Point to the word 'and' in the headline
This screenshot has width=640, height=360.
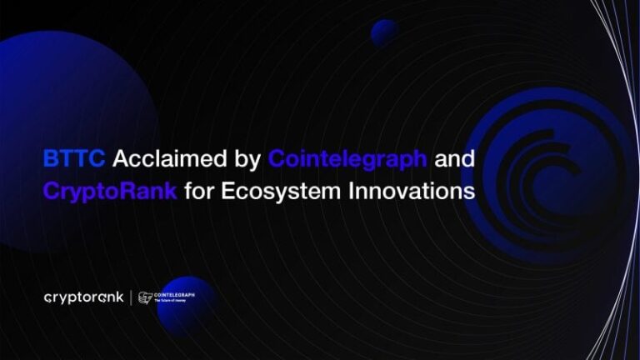click(x=457, y=158)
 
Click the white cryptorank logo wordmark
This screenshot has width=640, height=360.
click(x=83, y=297)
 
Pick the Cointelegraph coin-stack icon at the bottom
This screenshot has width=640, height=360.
click(x=146, y=297)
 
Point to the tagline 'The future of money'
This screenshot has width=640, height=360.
click(x=172, y=301)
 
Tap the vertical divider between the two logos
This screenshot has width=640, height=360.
click(x=131, y=297)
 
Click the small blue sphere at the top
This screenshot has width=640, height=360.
click(x=385, y=33)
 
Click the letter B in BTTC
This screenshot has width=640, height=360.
click(x=50, y=158)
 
